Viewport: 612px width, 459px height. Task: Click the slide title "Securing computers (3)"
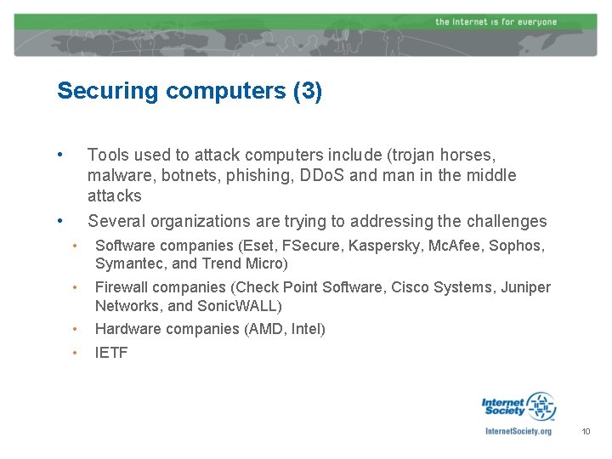click(189, 92)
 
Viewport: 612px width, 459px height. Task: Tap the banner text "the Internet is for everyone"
click(496, 21)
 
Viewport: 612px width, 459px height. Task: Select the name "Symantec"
click(127, 263)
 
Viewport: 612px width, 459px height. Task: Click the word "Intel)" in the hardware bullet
click(308, 329)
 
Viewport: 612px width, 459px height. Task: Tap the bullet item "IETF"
click(111, 353)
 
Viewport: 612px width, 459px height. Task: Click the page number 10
click(586, 432)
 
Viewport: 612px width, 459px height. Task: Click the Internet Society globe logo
click(540, 406)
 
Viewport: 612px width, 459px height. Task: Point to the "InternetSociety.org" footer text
click(518, 432)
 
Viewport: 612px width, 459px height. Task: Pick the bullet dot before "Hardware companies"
click(76, 329)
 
